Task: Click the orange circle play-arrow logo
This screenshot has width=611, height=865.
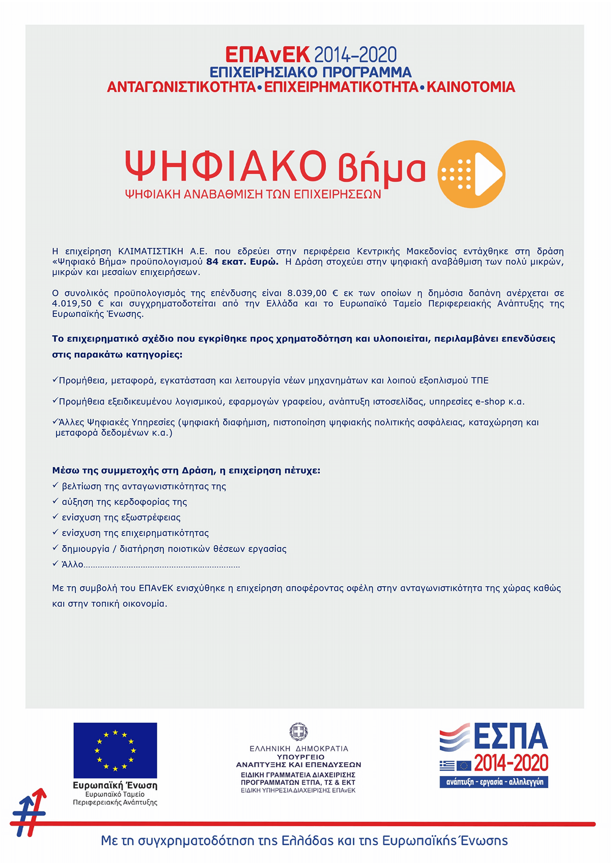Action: click(x=471, y=174)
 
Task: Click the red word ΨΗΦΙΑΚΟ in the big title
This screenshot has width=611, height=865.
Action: click(x=226, y=166)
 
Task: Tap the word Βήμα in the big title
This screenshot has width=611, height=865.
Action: click(x=381, y=168)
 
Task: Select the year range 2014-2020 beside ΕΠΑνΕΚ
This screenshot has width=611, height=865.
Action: click(x=355, y=55)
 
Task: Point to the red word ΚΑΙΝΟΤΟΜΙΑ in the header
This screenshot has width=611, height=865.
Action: click(x=470, y=87)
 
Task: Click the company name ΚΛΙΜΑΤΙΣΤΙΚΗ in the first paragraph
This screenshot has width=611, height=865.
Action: click(x=151, y=251)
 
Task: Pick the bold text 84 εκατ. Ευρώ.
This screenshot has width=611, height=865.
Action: click(x=242, y=262)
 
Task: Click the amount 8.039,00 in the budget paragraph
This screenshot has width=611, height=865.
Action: click(x=307, y=293)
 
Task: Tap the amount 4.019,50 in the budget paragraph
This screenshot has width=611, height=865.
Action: click(x=71, y=304)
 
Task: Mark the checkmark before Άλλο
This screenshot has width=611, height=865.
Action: click(x=55, y=564)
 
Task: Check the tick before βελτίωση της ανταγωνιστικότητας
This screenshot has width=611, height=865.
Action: click(x=55, y=486)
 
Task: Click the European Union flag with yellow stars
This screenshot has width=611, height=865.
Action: click(x=115, y=750)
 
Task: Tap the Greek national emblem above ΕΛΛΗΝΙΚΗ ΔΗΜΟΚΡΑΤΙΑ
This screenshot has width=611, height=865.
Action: click(x=298, y=732)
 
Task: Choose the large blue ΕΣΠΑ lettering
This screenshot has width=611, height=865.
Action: click(x=510, y=737)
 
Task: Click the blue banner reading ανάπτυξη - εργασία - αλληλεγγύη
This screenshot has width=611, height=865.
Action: click(x=494, y=782)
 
